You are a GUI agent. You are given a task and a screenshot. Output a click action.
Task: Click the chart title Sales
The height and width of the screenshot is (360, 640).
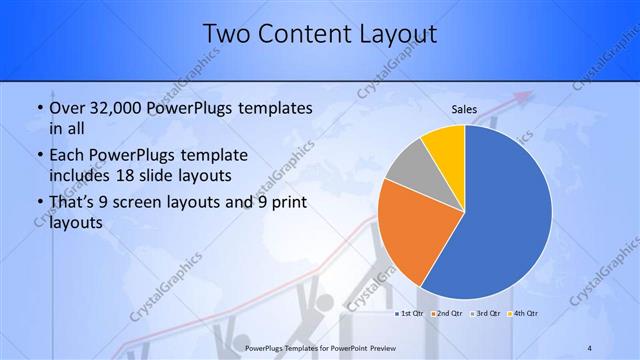[464, 109]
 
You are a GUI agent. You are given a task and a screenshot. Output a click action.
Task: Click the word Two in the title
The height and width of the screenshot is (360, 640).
[228, 35]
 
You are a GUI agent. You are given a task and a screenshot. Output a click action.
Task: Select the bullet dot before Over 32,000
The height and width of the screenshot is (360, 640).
[38, 109]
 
